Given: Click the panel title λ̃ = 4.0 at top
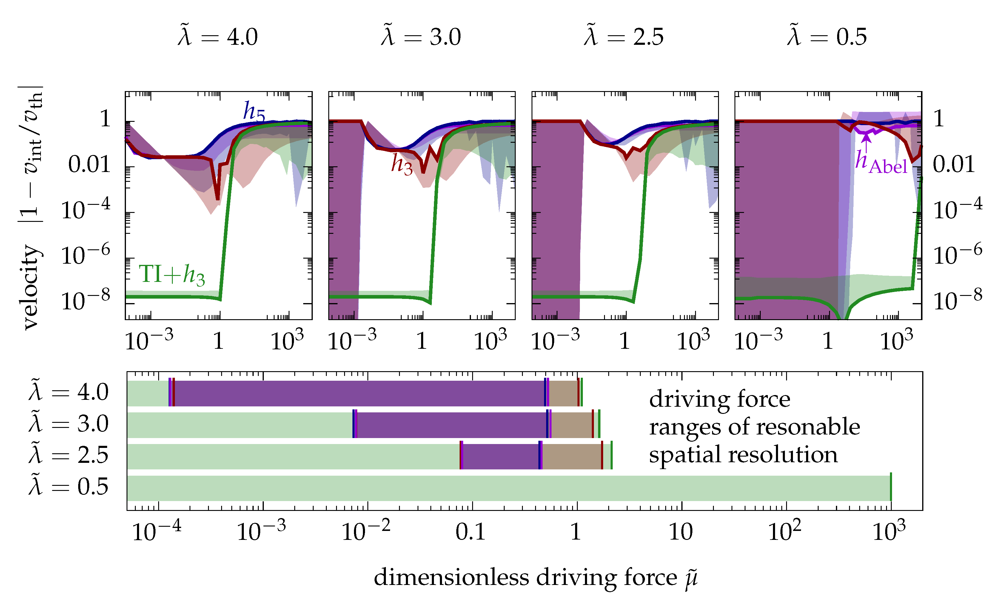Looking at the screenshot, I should click(218, 37).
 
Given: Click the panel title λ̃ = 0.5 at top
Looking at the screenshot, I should click(827, 37).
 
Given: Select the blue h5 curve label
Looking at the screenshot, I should click(254, 111).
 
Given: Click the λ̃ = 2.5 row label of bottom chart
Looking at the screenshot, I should click(69, 455).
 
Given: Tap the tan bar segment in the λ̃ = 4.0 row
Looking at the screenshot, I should click(563, 393).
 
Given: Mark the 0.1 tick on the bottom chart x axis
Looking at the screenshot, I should click(470, 532).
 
